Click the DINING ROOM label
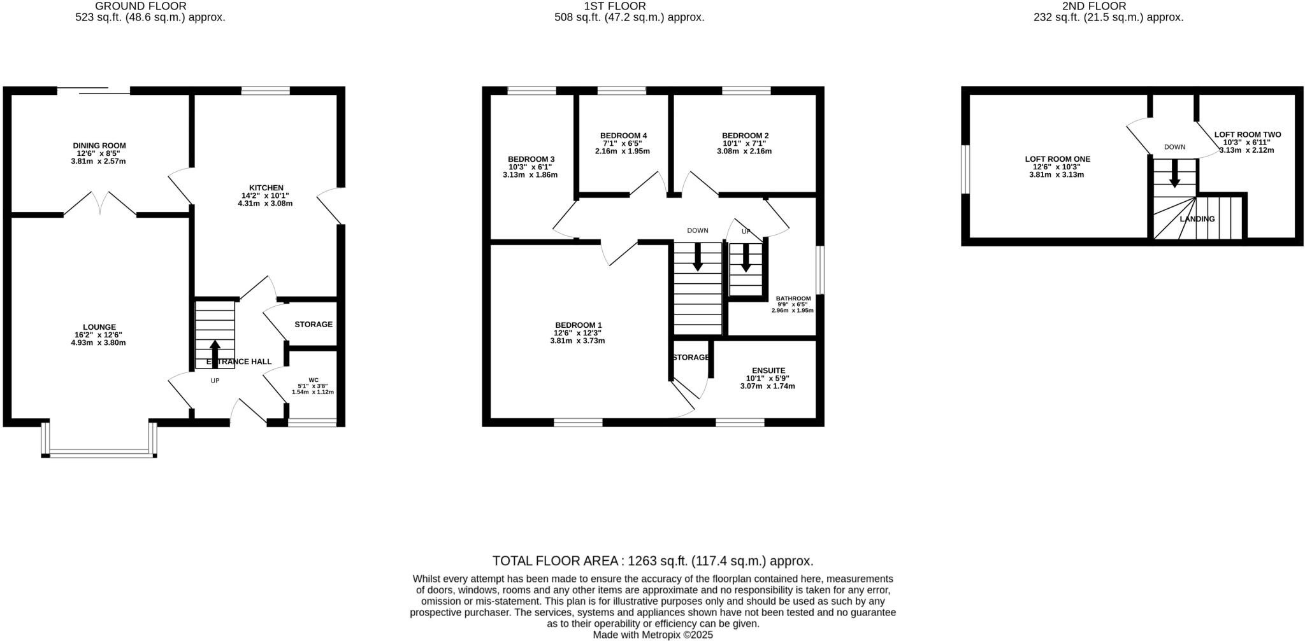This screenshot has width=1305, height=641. pyautogui.click(x=99, y=146)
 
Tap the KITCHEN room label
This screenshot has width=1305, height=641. pyautogui.click(x=266, y=188)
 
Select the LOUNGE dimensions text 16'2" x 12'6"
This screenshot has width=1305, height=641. pyautogui.click(x=98, y=335)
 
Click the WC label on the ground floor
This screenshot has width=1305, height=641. pyautogui.click(x=313, y=380)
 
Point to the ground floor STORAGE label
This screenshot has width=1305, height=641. pyautogui.click(x=313, y=325)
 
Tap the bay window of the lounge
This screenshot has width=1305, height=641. pyautogui.click(x=99, y=454)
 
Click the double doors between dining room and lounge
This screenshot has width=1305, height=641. pyautogui.click(x=100, y=202)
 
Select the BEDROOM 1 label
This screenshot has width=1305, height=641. pyautogui.click(x=578, y=325)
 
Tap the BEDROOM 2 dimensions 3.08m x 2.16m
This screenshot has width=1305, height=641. pyautogui.click(x=744, y=151)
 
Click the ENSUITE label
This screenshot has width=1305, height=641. pyautogui.click(x=768, y=370)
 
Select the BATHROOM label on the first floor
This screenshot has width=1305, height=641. pyautogui.click(x=793, y=299)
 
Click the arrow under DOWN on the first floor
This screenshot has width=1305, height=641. pyautogui.click(x=698, y=256)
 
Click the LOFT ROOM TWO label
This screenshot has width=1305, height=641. pyautogui.click(x=1247, y=135)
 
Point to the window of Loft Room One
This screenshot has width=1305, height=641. pyautogui.click(x=965, y=169)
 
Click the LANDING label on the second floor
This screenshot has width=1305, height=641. pyautogui.click(x=1197, y=219)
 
